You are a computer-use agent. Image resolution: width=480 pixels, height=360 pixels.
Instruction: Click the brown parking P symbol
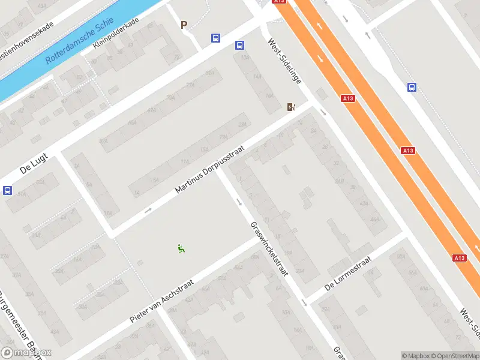point(184,25)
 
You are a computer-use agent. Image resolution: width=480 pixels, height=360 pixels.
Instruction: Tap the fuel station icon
point(291,107)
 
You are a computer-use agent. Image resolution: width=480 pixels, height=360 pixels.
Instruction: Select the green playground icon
point(181,248)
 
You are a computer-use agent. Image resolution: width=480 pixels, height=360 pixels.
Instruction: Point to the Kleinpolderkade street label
point(116,33)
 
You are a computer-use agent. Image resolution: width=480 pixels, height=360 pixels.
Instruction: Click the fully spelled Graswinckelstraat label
point(269,248)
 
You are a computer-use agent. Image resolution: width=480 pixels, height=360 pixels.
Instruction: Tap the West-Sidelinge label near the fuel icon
point(284,61)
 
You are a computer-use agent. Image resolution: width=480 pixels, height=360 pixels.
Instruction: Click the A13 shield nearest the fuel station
point(348,98)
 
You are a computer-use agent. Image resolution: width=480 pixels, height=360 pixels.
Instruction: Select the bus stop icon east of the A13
point(412,88)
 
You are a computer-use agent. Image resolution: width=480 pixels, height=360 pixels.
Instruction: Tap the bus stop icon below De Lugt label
point(7,191)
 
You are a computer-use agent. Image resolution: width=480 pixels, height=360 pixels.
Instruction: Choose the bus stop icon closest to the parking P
point(215,38)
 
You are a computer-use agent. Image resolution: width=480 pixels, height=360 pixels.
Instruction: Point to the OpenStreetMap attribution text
point(456,356)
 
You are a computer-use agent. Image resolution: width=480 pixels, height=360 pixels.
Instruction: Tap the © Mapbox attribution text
point(415,356)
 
